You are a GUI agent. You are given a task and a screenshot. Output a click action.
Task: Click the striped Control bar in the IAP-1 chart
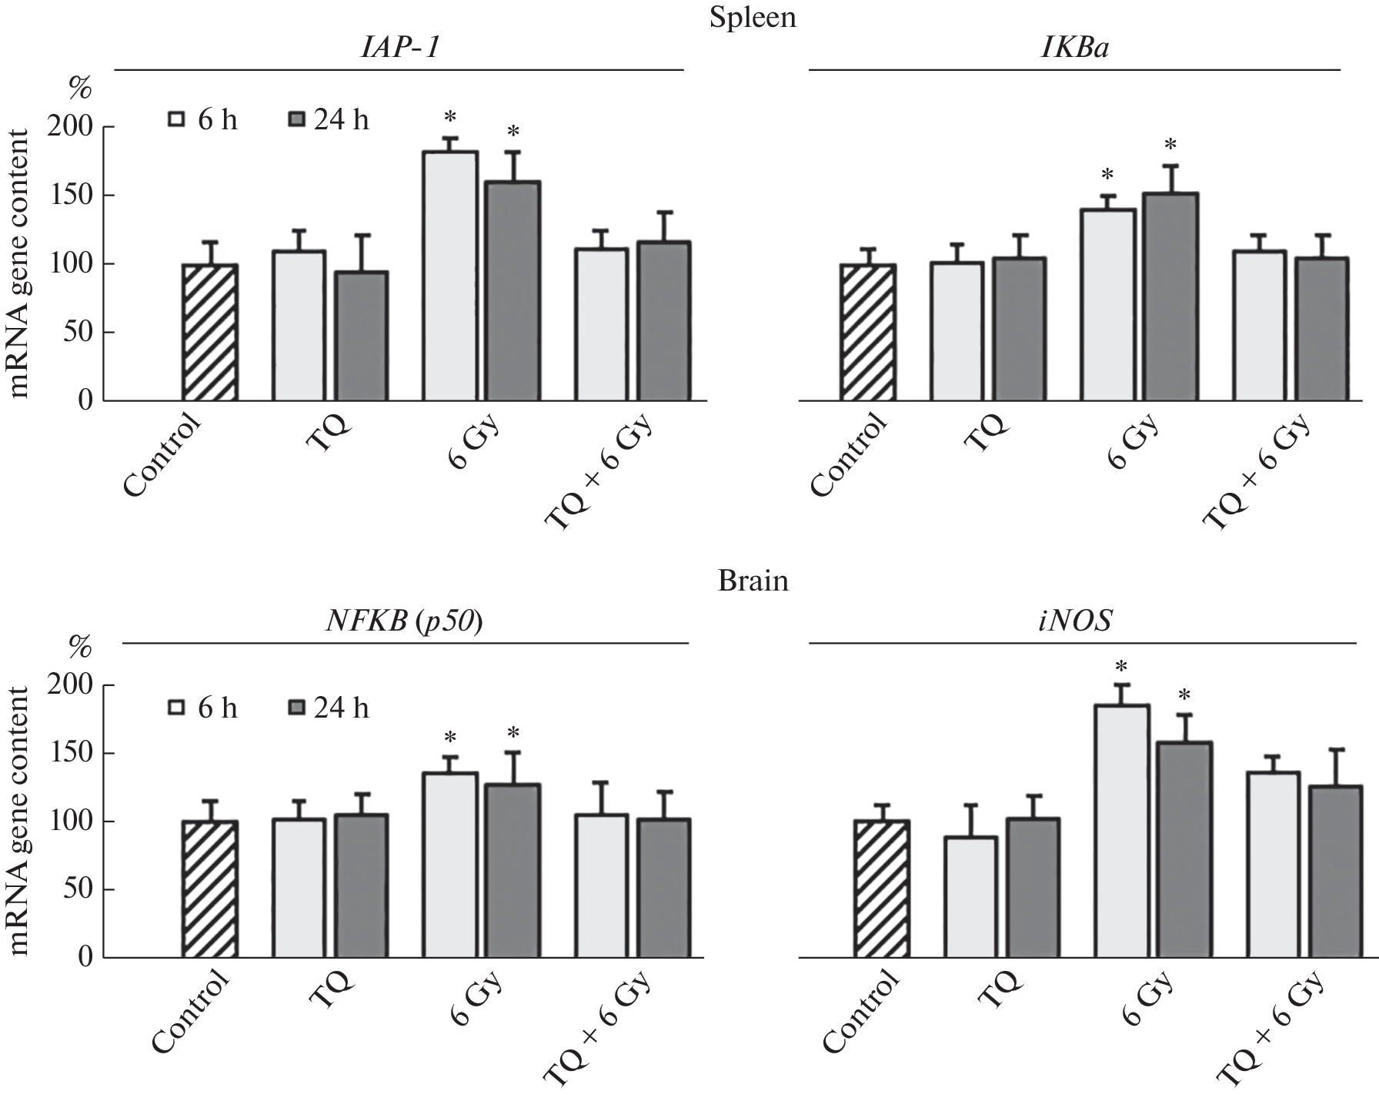pyautogui.click(x=209, y=333)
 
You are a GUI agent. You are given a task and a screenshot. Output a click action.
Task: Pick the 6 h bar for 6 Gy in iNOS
pyautogui.click(x=1123, y=832)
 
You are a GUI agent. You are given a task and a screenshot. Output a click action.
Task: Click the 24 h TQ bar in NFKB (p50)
pyautogui.click(x=361, y=886)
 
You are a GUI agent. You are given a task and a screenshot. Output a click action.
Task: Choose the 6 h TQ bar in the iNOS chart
pyautogui.click(x=970, y=897)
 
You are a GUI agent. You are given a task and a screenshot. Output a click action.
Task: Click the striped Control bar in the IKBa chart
pyautogui.click(x=867, y=333)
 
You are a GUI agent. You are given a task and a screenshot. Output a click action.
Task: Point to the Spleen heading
pyautogui.click(x=752, y=17)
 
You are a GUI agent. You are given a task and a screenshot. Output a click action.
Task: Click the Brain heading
pyautogui.click(x=753, y=581)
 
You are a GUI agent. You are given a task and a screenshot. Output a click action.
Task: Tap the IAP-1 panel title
pyautogui.click(x=399, y=49)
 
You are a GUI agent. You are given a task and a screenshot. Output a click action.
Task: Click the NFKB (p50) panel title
pyautogui.click(x=404, y=621)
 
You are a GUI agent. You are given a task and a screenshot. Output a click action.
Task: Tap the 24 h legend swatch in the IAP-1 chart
pyautogui.click(x=296, y=120)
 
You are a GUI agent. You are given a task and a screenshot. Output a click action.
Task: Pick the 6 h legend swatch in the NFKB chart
pyautogui.click(x=178, y=708)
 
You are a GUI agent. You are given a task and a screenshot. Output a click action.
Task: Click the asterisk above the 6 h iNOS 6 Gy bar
pyautogui.click(x=1122, y=667)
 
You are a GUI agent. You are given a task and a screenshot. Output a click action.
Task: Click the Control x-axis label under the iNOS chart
pyautogui.click(x=860, y=1010)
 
